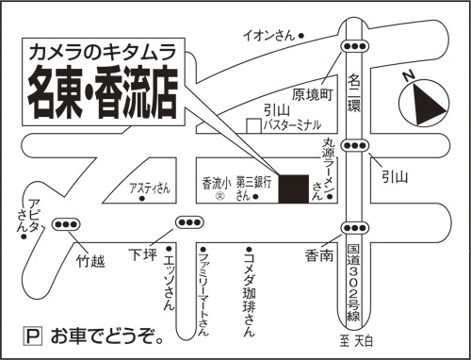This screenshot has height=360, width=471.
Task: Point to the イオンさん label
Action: [269, 36]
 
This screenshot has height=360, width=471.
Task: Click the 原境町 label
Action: [314, 94]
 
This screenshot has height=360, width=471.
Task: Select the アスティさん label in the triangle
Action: [150, 187]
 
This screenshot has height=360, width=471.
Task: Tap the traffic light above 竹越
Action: [68, 225]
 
